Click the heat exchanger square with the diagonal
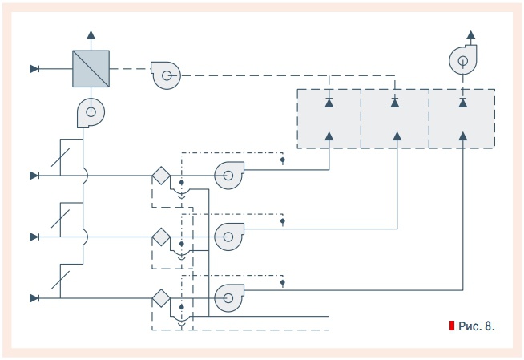[90, 68]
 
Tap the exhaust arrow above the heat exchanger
[90, 35]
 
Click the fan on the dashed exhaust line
[166, 76]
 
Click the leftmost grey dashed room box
[329, 118]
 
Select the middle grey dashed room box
[394, 118]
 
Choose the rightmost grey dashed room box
[462, 118]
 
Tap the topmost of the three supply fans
[228, 173]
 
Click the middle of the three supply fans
[228, 236]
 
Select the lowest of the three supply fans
[228, 298]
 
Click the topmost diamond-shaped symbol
[161, 174]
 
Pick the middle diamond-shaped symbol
[161, 237]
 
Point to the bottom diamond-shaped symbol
[161, 298]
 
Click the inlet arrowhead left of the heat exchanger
[34, 69]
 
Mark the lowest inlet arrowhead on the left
[34, 298]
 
